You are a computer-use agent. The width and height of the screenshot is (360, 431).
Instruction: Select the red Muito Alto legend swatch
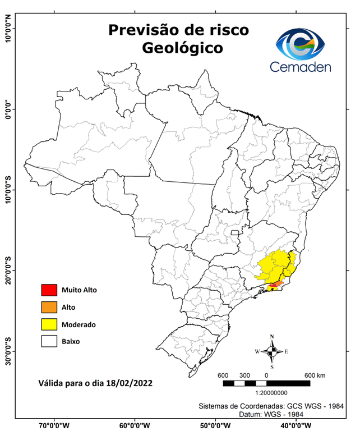(49, 290)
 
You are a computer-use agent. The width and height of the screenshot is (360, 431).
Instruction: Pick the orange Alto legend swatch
(49, 307)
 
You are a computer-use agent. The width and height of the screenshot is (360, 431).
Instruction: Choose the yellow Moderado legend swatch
(49, 324)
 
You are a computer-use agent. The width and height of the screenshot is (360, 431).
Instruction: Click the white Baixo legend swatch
(49, 341)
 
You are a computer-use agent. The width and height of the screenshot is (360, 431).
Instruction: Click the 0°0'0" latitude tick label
(7, 109)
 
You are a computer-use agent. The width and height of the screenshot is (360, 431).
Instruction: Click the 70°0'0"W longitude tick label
(55, 425)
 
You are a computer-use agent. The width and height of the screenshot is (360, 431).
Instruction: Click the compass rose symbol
(272, 351)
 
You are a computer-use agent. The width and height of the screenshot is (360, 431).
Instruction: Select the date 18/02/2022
(129, 383)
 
